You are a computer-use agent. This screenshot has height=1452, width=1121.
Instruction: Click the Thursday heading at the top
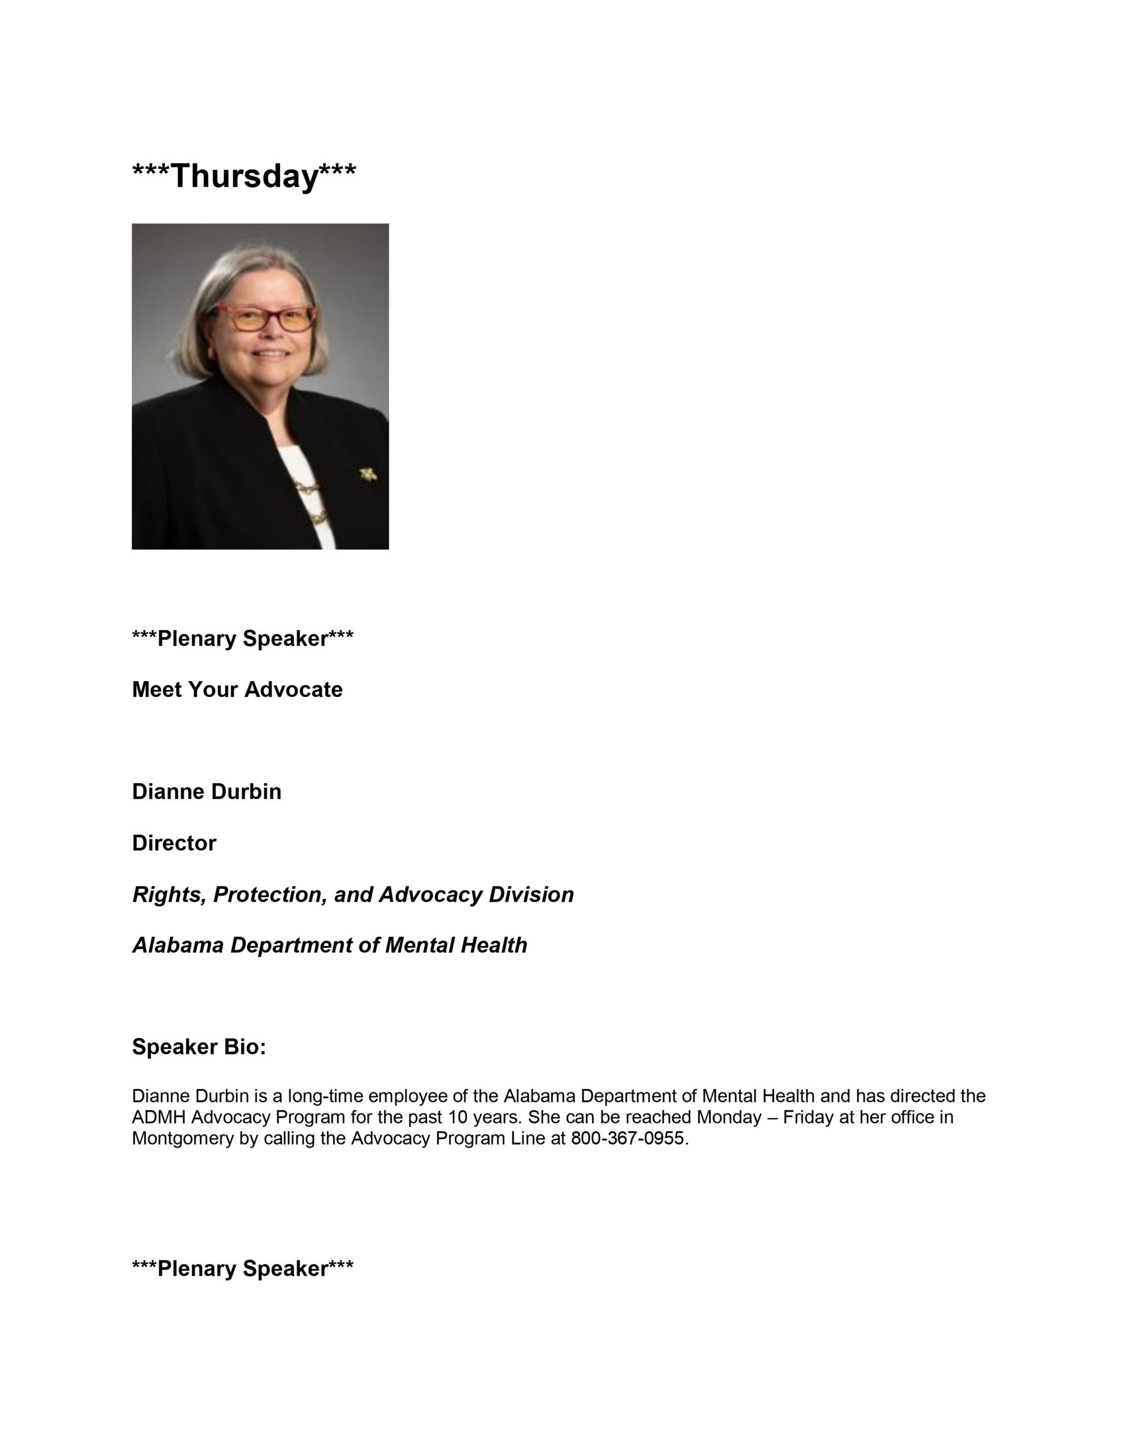coord(244,176)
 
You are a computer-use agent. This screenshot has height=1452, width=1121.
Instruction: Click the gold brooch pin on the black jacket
coord(367,474)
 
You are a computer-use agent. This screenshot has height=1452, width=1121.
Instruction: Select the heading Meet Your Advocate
coord(237,690)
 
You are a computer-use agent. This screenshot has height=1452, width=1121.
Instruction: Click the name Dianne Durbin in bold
coord(207,791)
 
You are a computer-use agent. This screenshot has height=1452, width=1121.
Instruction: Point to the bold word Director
coord(174,843)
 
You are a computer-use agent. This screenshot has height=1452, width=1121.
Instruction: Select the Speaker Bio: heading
coord(199,1046)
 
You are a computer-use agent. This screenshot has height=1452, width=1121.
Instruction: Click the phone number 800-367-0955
coord(627,1138)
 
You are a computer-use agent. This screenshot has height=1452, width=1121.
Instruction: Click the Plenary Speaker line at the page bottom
coord(243,1268)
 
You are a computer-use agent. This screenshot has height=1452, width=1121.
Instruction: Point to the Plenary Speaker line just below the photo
coord(243,638)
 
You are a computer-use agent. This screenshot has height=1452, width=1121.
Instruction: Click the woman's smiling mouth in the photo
coord(272,354)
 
